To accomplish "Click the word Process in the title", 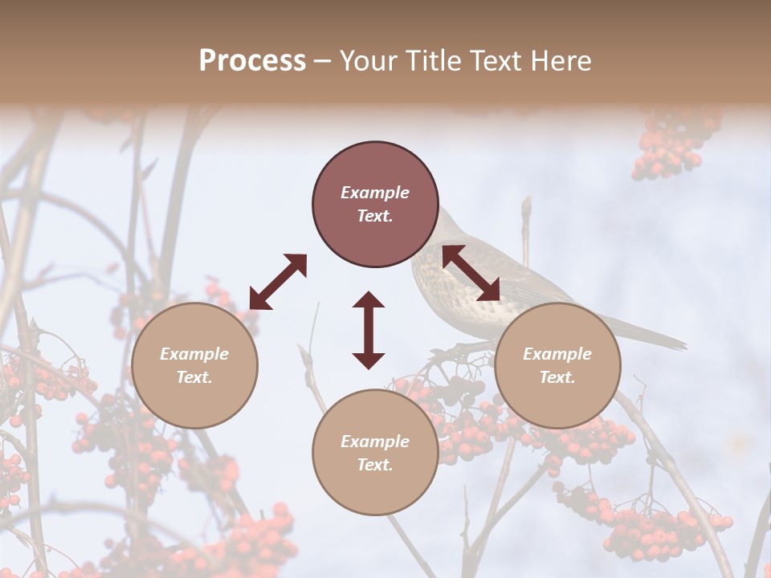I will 252,61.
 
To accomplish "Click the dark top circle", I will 375,204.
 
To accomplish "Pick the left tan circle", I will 194,365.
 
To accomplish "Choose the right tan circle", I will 557,365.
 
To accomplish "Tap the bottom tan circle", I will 375,453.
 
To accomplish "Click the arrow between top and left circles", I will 278,282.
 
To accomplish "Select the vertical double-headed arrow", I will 369,330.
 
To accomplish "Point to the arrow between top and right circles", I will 471,273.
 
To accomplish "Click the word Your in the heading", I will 365,61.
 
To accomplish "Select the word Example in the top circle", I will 375,193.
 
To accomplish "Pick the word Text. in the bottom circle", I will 375,465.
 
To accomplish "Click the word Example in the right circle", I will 557,354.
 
